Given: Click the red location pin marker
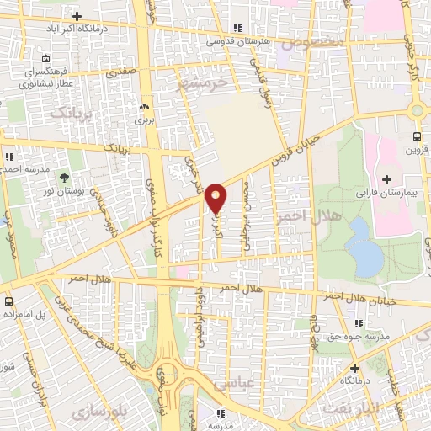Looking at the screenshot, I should point(215,198).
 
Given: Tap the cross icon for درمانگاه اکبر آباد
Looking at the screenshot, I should point(77,16).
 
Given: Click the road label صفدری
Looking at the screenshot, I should point(121,74).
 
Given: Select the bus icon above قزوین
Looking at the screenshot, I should point(417,136).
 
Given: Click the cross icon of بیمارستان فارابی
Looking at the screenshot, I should point(386,178).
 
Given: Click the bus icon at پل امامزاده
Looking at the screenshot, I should point(8,301).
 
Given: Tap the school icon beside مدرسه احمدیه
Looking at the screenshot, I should point(8,157).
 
